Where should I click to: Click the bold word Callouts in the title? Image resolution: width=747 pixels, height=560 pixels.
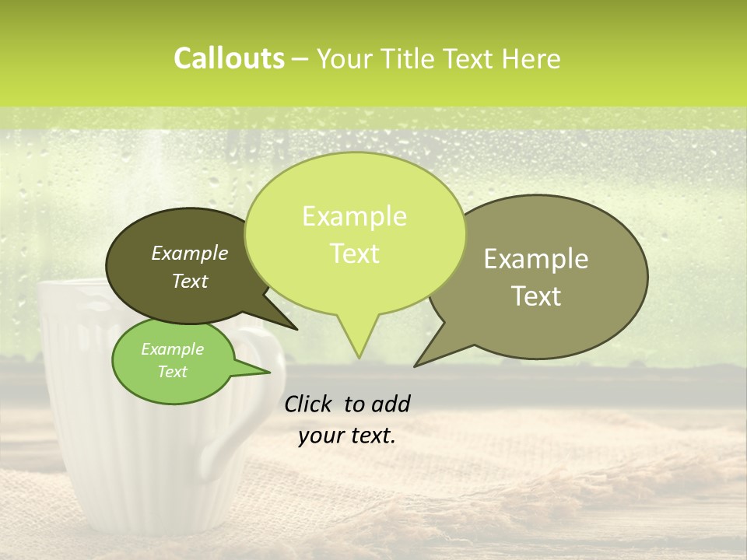[229, 58]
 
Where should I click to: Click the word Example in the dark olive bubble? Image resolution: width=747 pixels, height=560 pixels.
[190, 253]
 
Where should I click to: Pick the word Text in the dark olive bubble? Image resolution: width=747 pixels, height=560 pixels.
[190, 281]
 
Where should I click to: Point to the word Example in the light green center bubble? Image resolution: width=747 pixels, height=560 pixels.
[355, 216]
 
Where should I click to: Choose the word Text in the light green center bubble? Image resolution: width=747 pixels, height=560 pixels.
[355, 254]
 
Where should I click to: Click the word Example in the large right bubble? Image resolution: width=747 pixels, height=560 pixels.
[536, 259]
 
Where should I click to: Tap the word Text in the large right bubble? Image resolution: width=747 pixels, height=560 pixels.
[536, 296]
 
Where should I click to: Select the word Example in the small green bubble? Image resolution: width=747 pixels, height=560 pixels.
[172, 349]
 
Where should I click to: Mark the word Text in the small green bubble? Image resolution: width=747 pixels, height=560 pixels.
[172, 372]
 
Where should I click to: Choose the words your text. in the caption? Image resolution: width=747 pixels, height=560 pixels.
[347, 436]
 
